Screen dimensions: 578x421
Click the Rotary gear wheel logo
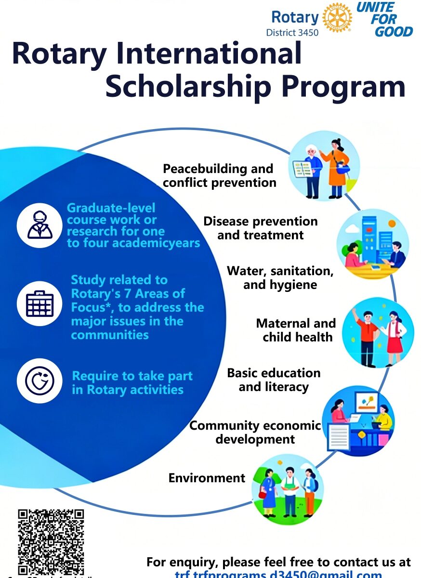point(337,18)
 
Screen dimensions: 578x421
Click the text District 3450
point(292,33)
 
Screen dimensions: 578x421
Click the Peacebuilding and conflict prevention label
point(219,176)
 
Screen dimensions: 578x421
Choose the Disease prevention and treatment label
point(260,228)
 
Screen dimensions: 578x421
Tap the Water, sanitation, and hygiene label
point(280,277)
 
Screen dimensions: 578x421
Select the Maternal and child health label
point(296,330)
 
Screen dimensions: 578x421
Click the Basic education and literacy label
point(274,380)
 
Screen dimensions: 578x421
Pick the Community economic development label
point(255,432)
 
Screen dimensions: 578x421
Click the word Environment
point(207,478)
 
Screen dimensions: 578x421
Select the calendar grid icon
point(39,304)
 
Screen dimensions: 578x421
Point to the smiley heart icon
point(39,381)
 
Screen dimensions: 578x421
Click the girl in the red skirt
point(394,332)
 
